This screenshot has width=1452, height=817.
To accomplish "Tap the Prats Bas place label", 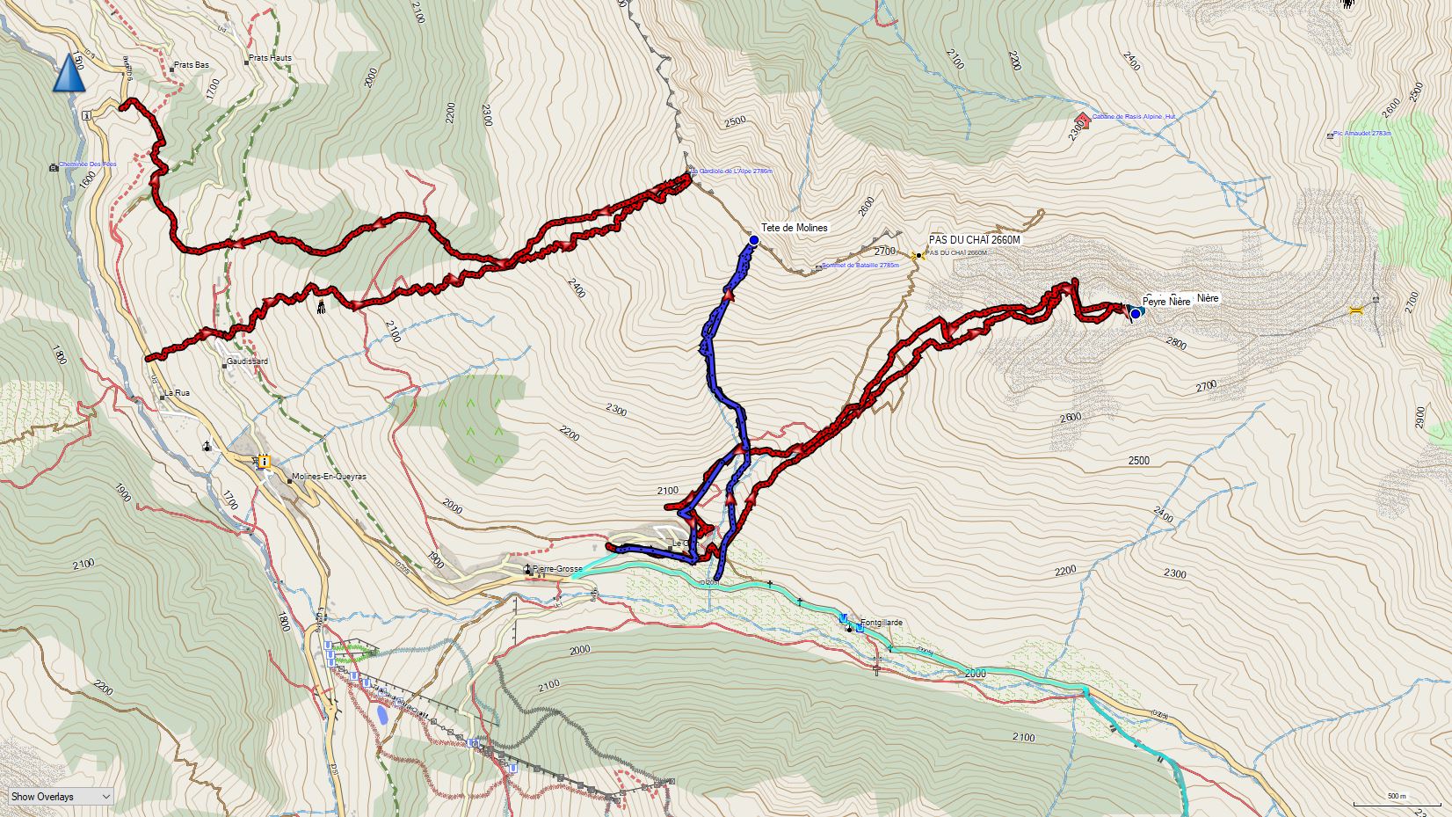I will point(191,65).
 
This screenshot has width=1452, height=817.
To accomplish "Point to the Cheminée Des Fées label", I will point(87,164).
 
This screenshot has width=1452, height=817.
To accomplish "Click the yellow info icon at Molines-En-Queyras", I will point(263,460).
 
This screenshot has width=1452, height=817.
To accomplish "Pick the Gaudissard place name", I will point(246,361).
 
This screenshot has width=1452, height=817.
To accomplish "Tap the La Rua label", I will point(177,393).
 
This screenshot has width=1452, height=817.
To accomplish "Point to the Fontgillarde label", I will point(881,623).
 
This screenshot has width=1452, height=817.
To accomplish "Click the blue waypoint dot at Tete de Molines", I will point(753,239).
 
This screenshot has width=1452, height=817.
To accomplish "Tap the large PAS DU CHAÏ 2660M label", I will point(974,240).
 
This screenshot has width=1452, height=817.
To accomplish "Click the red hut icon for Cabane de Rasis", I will point(1083,120).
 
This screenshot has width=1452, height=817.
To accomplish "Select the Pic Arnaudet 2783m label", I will point(1361,134).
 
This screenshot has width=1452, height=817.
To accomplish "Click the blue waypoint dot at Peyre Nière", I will point(1135,313).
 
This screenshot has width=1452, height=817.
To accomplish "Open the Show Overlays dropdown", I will point(61,796).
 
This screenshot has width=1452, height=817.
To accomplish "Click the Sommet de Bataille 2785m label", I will point(860,265).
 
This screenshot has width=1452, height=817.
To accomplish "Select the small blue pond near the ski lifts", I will point(382,714).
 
